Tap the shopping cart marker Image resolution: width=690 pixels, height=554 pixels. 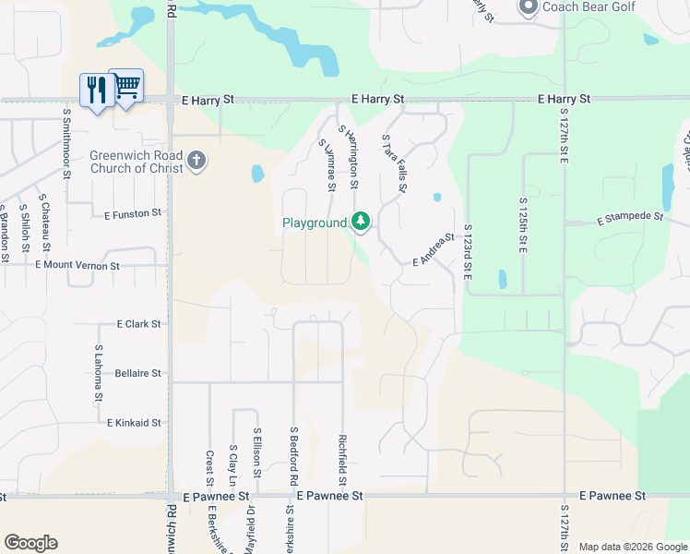coord(126,86)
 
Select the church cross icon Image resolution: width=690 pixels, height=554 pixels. coord(196,162)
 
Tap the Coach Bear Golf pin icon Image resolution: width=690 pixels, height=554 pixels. coord(528,8)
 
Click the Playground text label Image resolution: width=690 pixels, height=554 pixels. coord(315,223)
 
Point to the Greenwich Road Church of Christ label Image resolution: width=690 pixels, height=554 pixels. coord(136,162)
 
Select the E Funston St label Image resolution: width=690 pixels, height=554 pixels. coord(133,212)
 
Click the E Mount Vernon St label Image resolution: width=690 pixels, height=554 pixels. coord(77,265)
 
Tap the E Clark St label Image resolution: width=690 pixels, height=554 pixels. coord(138,324)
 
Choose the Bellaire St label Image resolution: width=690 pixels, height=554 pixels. coord(138,373)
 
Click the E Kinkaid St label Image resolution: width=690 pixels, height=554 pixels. coord(134,423)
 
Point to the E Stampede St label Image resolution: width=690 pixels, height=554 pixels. coord(630,219)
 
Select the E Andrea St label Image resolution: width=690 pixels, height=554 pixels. coord(434,249)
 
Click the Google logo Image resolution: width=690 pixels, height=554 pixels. coord(30,543)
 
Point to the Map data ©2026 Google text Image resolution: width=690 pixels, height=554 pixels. coord(632,547)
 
